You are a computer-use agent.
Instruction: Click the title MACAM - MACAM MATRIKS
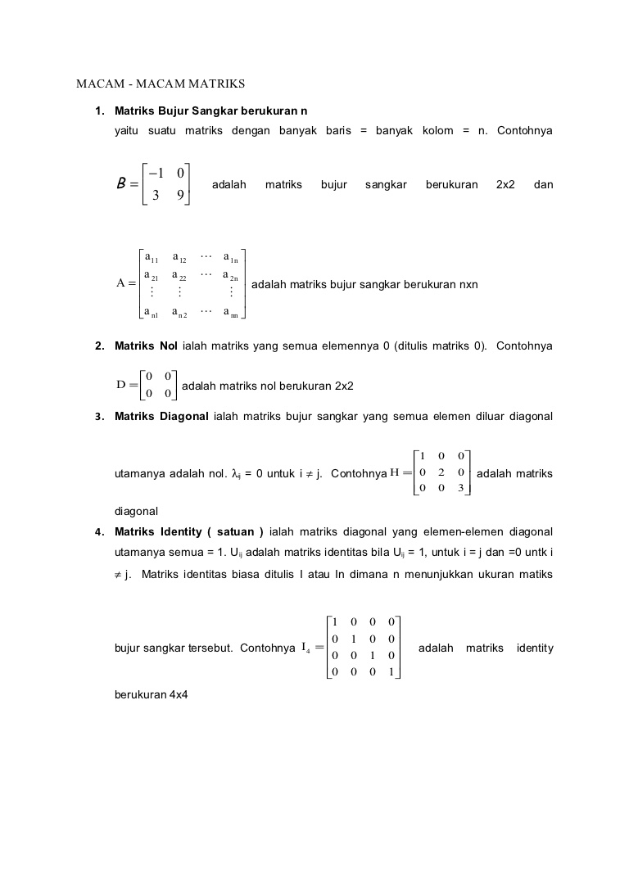(161, 84)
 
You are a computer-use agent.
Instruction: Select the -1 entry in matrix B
(156, 173)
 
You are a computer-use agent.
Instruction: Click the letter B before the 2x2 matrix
(123, 184)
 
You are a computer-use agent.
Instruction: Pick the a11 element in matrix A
(152, 259)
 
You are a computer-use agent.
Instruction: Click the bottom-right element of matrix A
(231, 312)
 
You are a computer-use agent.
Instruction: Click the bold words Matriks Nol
(146, 346)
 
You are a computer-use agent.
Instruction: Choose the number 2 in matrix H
(441, 472)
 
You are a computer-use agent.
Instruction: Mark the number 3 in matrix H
(461, 489)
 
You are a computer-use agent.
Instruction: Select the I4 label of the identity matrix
(305, 648)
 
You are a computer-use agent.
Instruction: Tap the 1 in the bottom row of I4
(391, 672)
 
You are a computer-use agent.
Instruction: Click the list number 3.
(98, 417)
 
